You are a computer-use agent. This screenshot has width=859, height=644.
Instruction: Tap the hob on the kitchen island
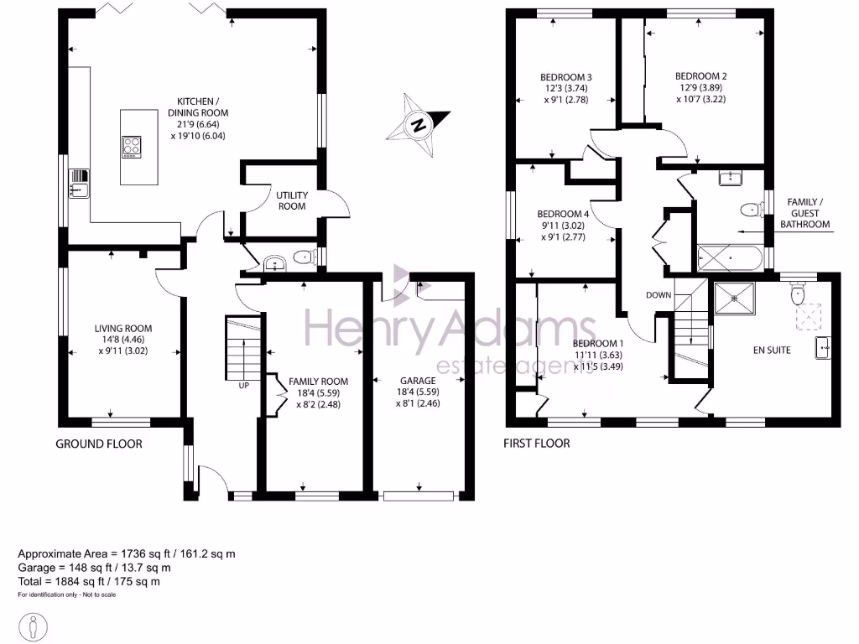coord(133,147)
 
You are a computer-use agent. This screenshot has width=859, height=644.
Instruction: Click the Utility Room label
coord(292,200)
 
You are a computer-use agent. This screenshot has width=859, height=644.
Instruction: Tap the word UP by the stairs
coord(243,387)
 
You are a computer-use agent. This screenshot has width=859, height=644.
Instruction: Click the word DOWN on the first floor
coord(659,295)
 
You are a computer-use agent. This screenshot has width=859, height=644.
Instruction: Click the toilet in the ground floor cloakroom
coord(300,259)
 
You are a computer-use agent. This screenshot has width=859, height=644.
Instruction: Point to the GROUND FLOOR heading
coord(99,444)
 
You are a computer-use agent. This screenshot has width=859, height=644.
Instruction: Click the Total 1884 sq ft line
coord(89,581)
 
